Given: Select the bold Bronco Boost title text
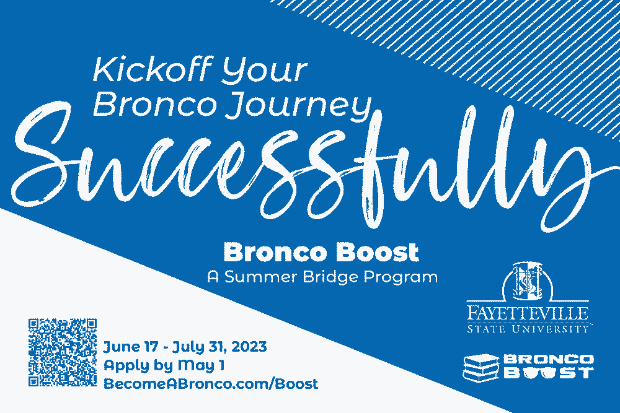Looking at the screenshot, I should [321, 253].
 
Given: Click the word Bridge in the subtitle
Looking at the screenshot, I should [330, 277].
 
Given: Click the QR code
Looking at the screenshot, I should [63, 352].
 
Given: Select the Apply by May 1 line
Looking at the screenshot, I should [164, 365].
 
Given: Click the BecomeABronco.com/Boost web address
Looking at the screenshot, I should [211, 384].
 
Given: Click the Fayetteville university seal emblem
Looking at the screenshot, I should [528, 282].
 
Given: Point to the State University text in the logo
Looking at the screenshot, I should [528, 328].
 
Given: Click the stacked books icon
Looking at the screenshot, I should [481, 367].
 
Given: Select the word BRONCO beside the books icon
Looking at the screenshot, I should [548, 360].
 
